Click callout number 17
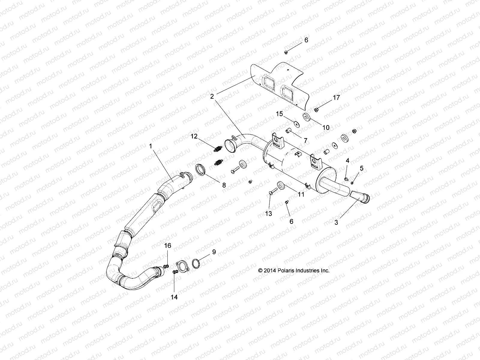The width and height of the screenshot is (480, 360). point(336,98)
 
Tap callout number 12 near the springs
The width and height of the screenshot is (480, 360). point(194,136)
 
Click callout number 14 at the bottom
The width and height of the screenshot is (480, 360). point(174,297)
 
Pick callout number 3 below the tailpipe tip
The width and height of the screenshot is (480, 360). point(336,222)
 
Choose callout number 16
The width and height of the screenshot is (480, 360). point(167,246)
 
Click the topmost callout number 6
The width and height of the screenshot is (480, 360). point(306,40)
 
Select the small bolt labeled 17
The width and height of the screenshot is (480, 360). point(317,110)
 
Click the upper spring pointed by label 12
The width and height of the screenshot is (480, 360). point(217,148)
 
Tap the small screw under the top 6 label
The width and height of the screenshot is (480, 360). point(286,52)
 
